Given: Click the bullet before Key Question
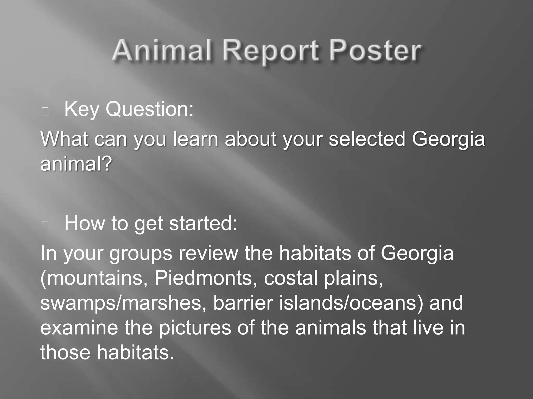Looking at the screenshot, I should tap(45, 112).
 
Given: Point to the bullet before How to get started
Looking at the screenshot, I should tap(45, 226).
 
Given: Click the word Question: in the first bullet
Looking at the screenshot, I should tap(150, 109).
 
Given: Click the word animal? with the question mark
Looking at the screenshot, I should tap(76, 164).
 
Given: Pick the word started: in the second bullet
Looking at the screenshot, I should tap(203, 224).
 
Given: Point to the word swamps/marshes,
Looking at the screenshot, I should tap(123, 303).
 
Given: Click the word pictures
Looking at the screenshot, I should tap(195, 328).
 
